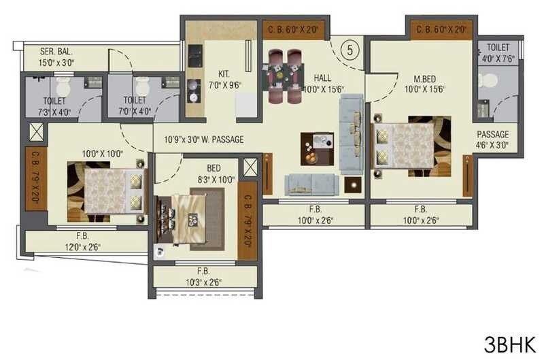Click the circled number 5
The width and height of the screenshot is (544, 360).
coord(350,49)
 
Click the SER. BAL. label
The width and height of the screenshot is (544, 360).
coord(56,52)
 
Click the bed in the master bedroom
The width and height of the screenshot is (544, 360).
coord(410,146)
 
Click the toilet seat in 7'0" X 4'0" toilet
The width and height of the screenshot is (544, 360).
coord(142,88)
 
